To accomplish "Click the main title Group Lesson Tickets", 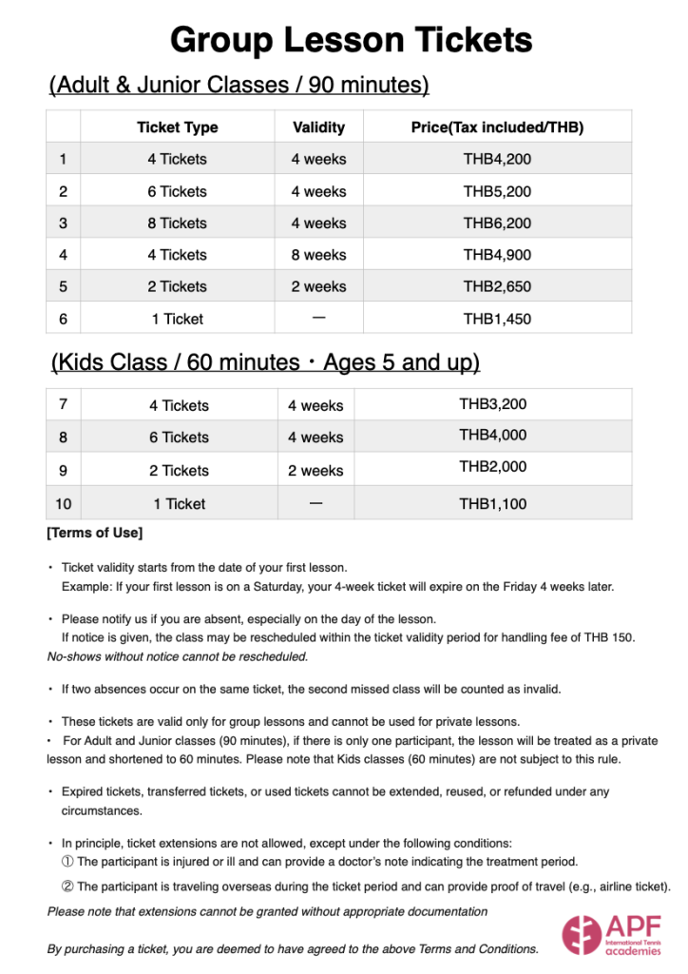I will point(351,41).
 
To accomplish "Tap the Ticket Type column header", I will point(177,127).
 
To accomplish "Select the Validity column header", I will point(318,127).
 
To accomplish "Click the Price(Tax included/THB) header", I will point(497,127).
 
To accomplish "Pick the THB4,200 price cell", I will point(497,159).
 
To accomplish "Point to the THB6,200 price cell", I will point(497,224).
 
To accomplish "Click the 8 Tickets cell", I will point(177,224).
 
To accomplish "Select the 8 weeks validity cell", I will point(318,255).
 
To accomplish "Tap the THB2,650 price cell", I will point(497,286).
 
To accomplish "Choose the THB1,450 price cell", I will point(497,319).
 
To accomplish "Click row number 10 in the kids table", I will point(63,503).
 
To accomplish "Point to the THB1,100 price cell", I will point(492,503).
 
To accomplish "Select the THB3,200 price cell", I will point(492,404).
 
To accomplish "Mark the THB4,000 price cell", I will point(492,436).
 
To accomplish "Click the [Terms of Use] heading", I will point(95,533).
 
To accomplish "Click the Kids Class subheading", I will point(265,362).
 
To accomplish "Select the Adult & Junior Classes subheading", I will point(239,86).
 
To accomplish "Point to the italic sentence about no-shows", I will point(178,656).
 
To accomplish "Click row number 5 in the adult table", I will point(63,286).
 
